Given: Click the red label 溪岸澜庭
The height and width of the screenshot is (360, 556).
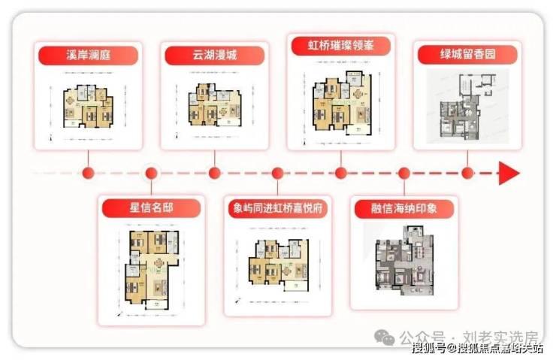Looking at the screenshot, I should coord(89,54).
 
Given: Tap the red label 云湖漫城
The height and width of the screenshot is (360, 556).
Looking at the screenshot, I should coord(214,54).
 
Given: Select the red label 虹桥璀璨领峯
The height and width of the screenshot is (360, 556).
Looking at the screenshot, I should coord(341,44).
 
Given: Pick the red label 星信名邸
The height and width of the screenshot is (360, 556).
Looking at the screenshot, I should coord(152,207).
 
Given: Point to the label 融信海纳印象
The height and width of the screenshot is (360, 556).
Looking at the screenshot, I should coord(404,208).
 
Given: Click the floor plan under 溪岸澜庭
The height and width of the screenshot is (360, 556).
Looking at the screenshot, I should coord(89,105).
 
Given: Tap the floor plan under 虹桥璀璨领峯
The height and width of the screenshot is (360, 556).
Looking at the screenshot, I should coord(341,101).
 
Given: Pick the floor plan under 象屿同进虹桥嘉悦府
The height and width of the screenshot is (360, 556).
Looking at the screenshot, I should coord(277,268).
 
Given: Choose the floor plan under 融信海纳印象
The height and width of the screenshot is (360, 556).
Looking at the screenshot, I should coord(404,262).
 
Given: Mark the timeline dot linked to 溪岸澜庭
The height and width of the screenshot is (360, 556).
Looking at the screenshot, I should coord(89,174).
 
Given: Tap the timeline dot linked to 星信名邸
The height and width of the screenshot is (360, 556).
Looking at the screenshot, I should coord(152,174).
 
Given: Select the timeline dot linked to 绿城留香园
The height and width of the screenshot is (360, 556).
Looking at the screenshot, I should coord(467,174).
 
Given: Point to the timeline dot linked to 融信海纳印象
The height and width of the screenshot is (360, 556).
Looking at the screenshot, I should coord(404,174).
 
